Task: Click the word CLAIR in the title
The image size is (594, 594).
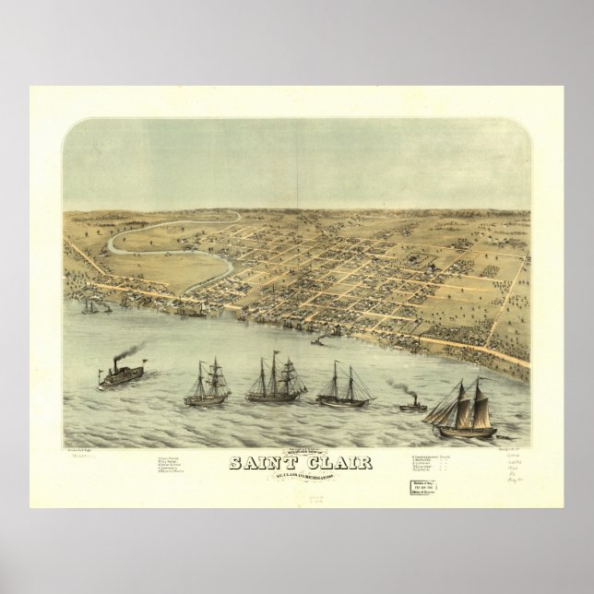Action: [339, 462]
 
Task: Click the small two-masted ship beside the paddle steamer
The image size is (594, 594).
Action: [206, 385]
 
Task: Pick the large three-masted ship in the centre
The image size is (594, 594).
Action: [275, 379]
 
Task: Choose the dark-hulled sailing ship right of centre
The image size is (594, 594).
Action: [345, 387]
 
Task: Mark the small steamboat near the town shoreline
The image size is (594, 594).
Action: [318, 342]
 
